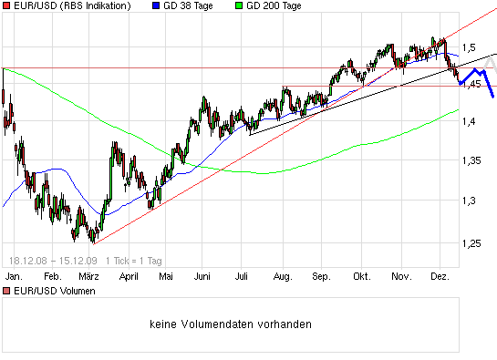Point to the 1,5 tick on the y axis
[471, 47]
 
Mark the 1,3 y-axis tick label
[471, 200]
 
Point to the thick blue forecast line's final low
[492, 97]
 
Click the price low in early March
[93, 243]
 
